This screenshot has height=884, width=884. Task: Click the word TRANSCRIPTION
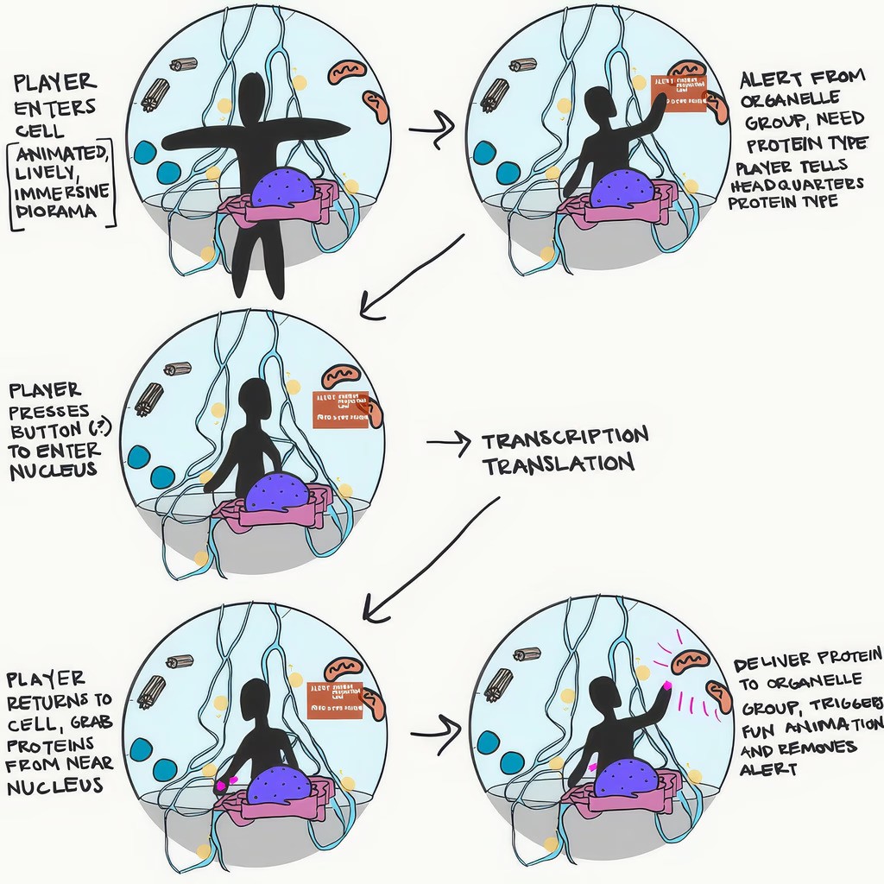click(565, 438)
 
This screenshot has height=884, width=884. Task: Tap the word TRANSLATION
click(558, 464)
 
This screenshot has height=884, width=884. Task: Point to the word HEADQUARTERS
click(796, 186)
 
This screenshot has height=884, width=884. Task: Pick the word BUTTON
click(47, 430)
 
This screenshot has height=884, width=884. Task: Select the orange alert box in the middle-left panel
click(340, 409)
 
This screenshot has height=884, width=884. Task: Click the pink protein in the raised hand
click(667, 687)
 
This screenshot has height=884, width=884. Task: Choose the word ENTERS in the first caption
click(43, 109)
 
